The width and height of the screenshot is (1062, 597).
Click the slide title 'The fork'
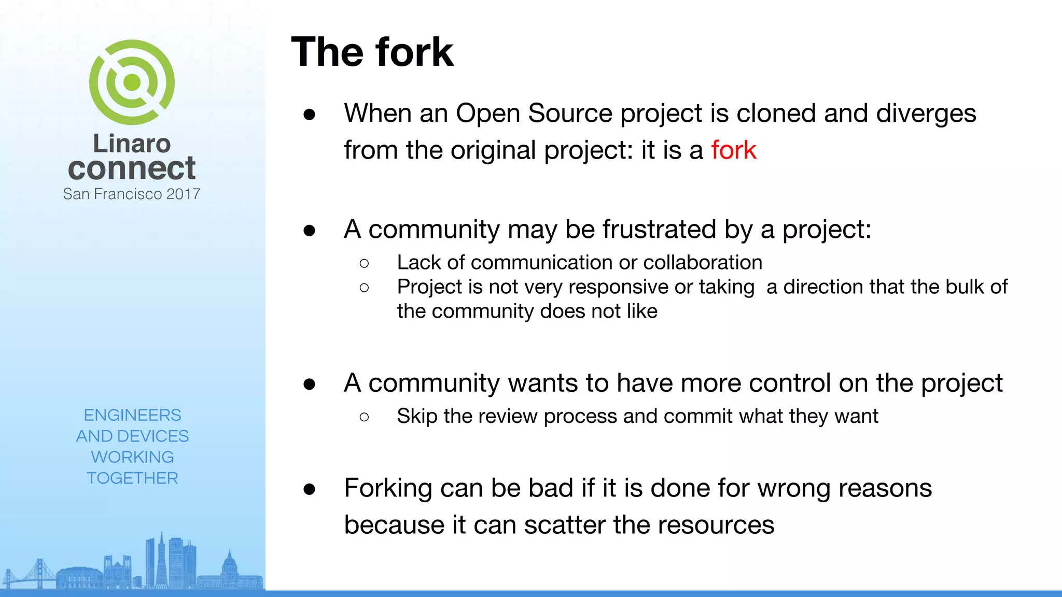(372, 52)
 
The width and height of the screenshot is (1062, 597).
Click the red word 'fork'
(733, 150)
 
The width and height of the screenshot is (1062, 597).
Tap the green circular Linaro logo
(132, 82)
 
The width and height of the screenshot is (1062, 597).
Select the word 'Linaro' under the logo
(132, 144)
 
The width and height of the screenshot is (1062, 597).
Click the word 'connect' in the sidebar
(132, 168)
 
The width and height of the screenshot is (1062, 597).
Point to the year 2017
(183, 194)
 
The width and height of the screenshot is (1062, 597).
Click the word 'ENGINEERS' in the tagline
(132, 415)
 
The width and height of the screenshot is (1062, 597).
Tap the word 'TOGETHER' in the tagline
(132, 478)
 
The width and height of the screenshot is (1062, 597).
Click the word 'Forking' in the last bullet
(388, 488)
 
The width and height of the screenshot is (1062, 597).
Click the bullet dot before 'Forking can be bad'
(310, 489)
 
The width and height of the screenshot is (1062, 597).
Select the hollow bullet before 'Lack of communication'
(364, 263)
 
